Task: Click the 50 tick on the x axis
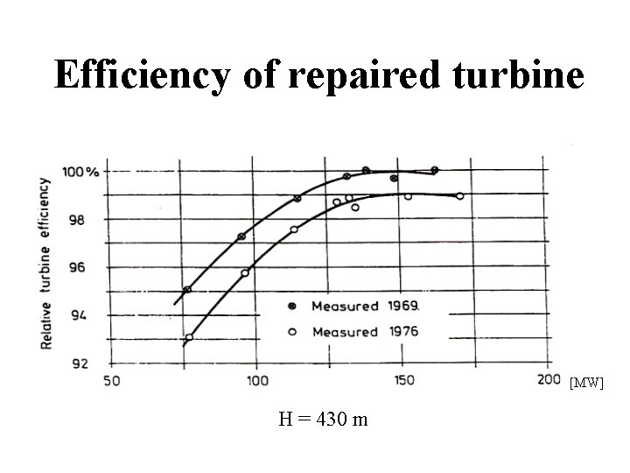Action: [112, 381]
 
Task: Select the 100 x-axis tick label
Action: [256, 381]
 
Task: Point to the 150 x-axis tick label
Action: [402, 381]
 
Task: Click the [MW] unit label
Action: [586, 383]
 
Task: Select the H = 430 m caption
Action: [323, 419]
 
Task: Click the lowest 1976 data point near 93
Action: [189, 337]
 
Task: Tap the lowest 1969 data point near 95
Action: [187, 289]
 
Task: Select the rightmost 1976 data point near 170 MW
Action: [459, 196]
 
